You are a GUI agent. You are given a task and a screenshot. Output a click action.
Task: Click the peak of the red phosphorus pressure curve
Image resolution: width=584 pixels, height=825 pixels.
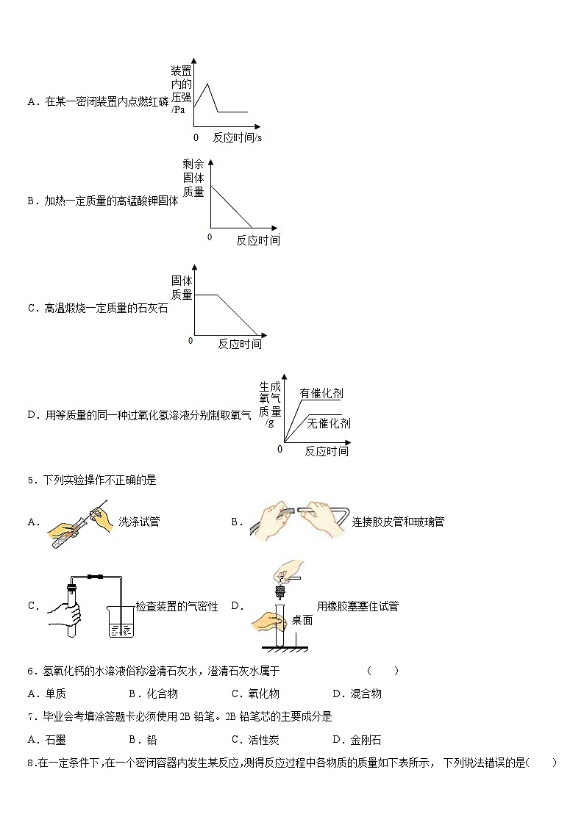coord(208,84)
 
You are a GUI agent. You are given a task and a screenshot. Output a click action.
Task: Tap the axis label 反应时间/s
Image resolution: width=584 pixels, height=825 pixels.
coord(238,137)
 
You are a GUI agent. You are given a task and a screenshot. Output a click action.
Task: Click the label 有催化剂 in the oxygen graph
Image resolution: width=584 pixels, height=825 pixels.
coord(321,394)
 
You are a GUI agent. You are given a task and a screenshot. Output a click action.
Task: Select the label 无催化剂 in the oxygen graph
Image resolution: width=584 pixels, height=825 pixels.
coord(328,423)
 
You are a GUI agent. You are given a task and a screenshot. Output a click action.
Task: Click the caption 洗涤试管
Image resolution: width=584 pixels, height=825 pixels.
coord(139,522)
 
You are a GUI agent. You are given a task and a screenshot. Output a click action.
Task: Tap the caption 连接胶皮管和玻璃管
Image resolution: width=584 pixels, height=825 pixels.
coord(398,522)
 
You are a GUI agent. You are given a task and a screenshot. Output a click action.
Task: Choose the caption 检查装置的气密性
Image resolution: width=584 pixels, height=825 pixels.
coord(177,606)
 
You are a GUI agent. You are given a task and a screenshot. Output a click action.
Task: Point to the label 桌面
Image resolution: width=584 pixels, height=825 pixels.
coord(302,620)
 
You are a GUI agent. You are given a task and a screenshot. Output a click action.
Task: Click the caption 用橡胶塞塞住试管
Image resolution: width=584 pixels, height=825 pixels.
coord(357,606)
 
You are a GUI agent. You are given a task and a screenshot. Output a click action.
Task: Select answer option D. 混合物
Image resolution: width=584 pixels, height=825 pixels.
coord(357,693)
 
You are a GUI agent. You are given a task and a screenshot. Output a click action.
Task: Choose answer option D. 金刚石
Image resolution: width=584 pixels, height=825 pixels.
coord(357,740)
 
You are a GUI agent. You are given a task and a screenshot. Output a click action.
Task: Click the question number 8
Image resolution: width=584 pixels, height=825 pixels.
coord(30,763)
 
